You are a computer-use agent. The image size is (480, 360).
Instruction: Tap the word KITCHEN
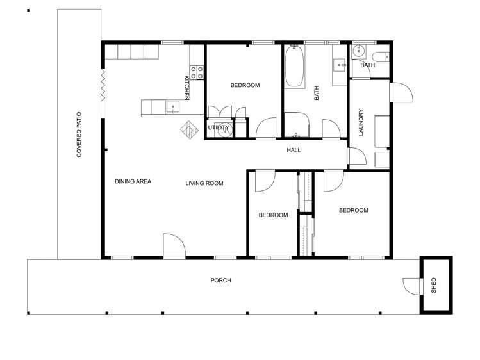point(187,87)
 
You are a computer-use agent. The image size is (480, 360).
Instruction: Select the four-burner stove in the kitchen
point(197,72)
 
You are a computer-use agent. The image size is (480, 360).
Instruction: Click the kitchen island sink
point(172,107)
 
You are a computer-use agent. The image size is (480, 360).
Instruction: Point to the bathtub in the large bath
point(294,67)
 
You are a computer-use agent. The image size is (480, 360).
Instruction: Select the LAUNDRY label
point(361,122)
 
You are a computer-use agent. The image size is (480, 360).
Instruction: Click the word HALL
point(294,151)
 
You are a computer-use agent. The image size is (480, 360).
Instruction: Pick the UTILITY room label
point(218,128)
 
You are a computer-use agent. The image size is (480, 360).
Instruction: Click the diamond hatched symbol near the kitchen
point(189,129)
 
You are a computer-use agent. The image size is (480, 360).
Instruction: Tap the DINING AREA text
point(133,182)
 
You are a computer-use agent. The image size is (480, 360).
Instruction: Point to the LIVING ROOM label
point(204,184)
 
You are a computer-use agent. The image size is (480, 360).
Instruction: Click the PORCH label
point(220,281)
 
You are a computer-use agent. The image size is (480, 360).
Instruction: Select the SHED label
point(434,284)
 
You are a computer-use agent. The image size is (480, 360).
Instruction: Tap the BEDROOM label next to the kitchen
point(244,85)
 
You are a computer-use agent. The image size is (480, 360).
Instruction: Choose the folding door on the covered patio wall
point(103,85)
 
